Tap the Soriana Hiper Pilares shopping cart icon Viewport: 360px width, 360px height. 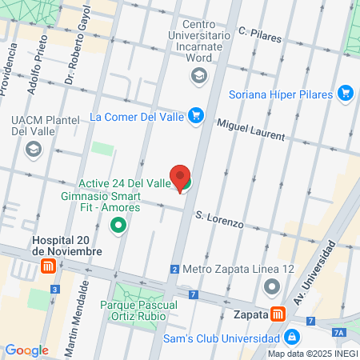tap(346, 94)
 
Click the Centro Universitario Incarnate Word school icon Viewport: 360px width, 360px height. tap(198, 76)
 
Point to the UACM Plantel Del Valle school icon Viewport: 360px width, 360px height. tap(33, 149)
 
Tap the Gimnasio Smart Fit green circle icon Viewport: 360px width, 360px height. tap(119, 225)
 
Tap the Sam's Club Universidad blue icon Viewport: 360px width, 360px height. tap(292, 335)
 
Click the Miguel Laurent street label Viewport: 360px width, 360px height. tap(252, 129)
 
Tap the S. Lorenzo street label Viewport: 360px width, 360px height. tap(219, 218)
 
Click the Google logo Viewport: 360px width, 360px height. tap(26, 350)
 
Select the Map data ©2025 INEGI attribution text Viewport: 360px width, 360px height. tap(311, 354)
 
